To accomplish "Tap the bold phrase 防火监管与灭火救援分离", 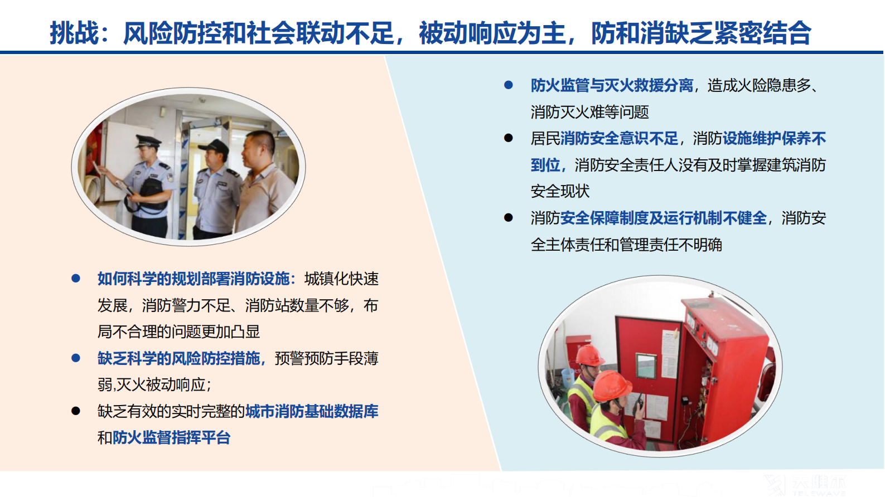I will pos(612,86).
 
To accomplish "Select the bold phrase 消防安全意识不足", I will pos(619,139).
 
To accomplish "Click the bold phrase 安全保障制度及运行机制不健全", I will pos(663,218).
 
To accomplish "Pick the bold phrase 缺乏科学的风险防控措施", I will pos(178,358).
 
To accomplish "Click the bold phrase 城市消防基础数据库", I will pos(312,411).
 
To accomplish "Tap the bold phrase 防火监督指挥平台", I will pos(172,438).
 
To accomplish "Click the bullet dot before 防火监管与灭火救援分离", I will pos(508,85).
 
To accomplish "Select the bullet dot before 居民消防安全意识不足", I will pos(508,138).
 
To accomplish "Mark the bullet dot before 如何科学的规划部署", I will pos(76,278).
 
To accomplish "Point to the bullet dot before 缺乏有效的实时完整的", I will pos(76,411).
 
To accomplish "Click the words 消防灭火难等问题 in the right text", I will pos(589,113).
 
